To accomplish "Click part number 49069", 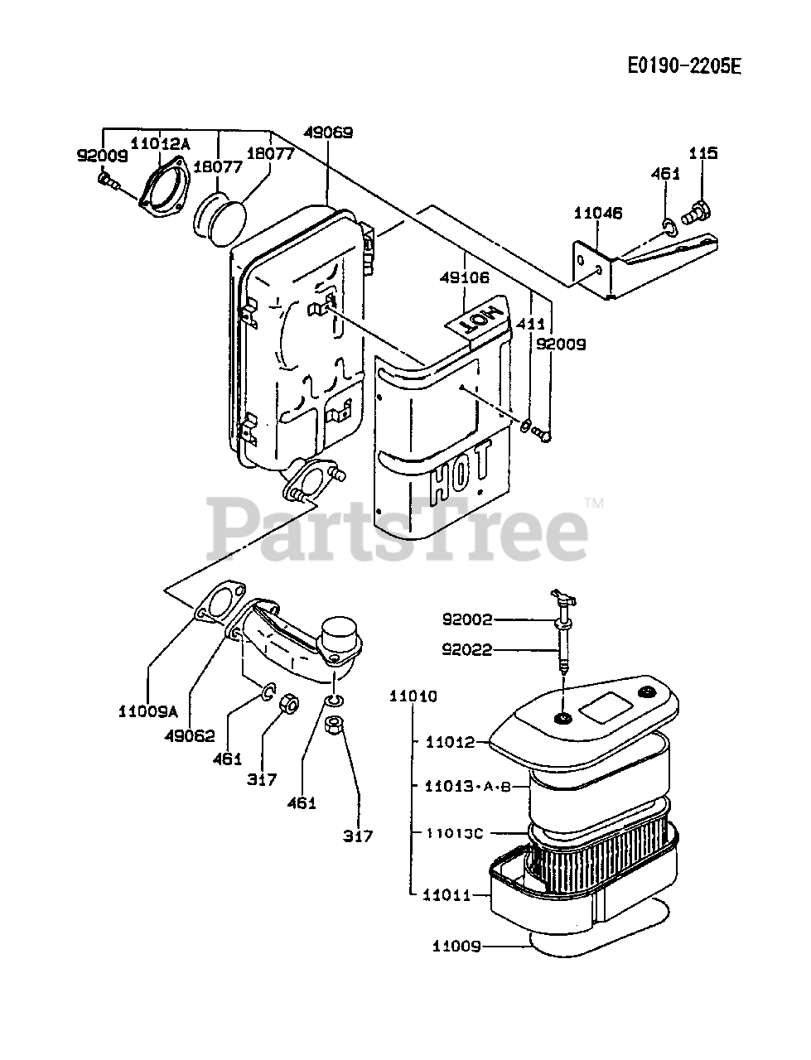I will (x=328, y=132).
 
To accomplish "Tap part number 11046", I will (x=597, y=213).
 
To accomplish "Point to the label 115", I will (x=703, y=153).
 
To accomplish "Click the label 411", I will (x=530, y=324).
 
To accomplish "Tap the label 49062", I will (x=191, y=735).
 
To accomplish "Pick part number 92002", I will (x=467, y=619).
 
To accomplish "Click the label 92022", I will (x=467, y=650).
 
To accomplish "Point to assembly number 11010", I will (x=413, y=696).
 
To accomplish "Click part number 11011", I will (x=447, y=894).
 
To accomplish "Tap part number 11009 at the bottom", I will (x=457, y=945).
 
